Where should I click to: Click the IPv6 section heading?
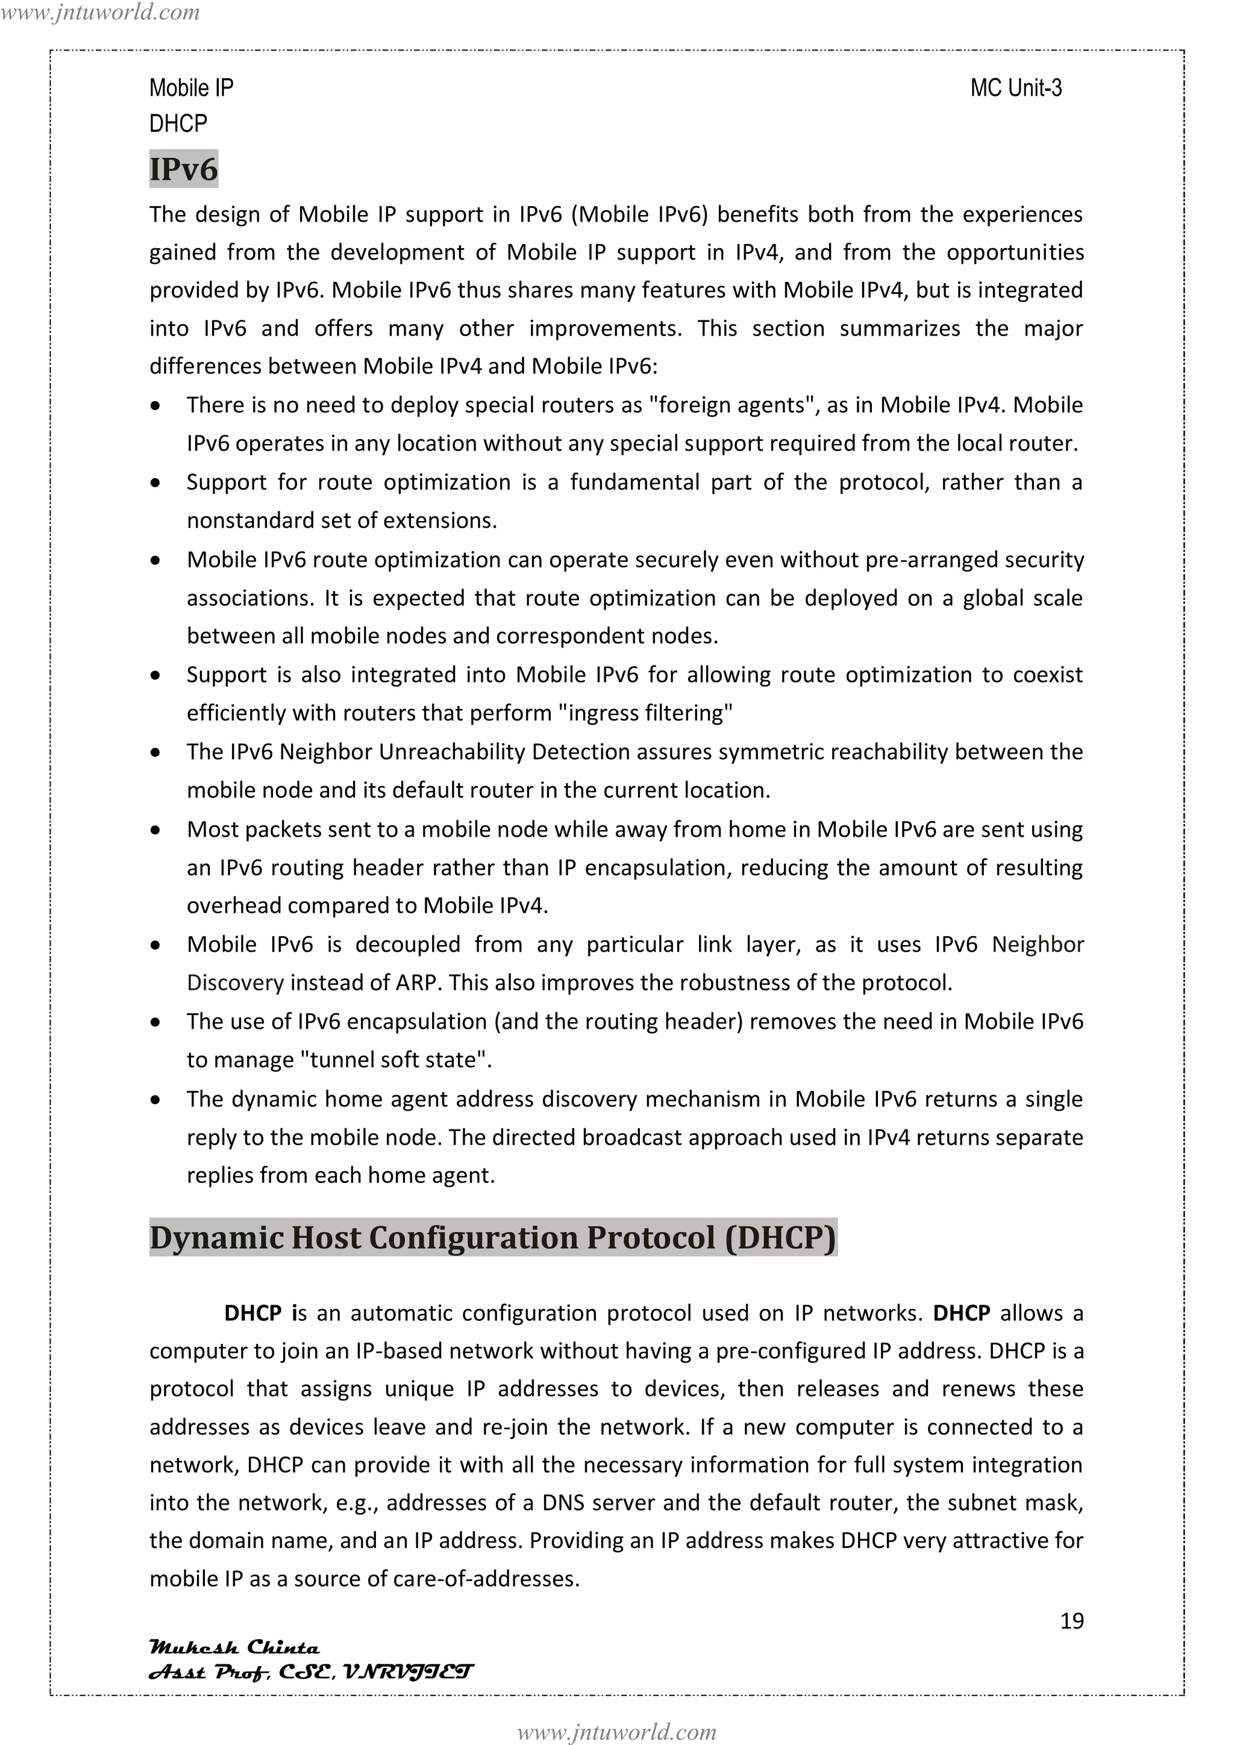[x=183, y=169]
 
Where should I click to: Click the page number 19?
[x=1071, y=1620]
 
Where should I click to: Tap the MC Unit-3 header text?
[x=1015, y=88]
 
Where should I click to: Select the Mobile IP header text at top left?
[x=191, y=88]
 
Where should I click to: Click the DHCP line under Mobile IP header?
[x=178, y=123]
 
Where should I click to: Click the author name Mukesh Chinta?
[x=234, y=1647]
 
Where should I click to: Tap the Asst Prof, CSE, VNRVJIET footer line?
[x=310, y=1672]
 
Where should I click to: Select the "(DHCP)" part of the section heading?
[x=780, y=1237]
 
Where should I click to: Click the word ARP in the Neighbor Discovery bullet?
[x=416, y=982]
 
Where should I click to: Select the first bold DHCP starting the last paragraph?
[x=252, y=1313]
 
